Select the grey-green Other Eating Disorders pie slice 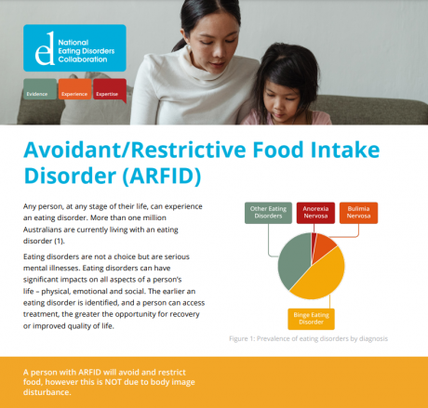click(293, 262)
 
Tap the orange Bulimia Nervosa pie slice click(323, 245)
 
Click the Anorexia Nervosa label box click(315, 213)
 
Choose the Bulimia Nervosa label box click(358, 213)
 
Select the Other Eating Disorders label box click(268, 213)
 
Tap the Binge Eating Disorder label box click(311, 319)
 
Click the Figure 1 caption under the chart click(308, 338)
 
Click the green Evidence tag click(40, 89)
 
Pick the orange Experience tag click(74, 89)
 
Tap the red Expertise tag click(110, 90)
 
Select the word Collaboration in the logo click(83, 59)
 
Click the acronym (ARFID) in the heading click(162, 176)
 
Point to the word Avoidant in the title click(74, 150)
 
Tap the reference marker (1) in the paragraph click(59, 241)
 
